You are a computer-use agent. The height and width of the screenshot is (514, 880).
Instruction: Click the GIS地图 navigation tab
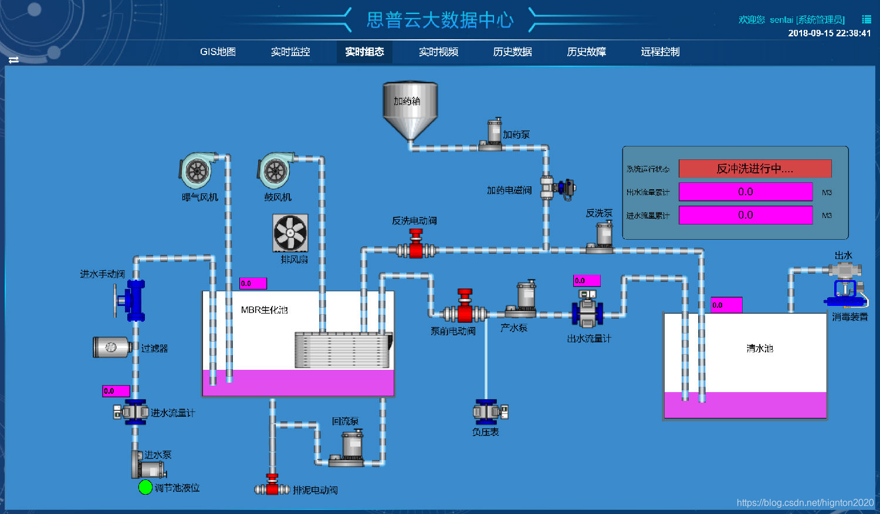[x=218, y=52]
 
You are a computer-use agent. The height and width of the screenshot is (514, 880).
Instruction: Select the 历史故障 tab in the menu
[x=586, y=52]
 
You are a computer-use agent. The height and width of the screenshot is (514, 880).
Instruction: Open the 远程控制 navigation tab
[x=660, y=52]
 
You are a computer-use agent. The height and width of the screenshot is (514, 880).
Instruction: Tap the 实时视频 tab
[x=438, y=52]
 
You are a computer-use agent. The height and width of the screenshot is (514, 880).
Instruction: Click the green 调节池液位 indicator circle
[x=145, y=487]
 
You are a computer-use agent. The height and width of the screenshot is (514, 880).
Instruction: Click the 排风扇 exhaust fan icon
[x=290, y=233]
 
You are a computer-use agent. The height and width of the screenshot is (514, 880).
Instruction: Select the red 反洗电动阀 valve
[x=416, y=246]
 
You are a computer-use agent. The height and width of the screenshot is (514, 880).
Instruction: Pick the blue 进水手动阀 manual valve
[x=134, y=300]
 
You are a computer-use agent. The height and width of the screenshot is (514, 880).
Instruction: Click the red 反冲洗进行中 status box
[x=754, y=169]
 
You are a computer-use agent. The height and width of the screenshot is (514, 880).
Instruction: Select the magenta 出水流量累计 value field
[x=745, y=192]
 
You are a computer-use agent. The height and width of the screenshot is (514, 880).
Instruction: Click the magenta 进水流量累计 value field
[x=745, y=215]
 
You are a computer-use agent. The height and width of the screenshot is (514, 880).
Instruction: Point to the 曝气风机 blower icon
[x=198, y=171]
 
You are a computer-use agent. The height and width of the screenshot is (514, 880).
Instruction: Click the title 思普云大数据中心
[x=439, y=20]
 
